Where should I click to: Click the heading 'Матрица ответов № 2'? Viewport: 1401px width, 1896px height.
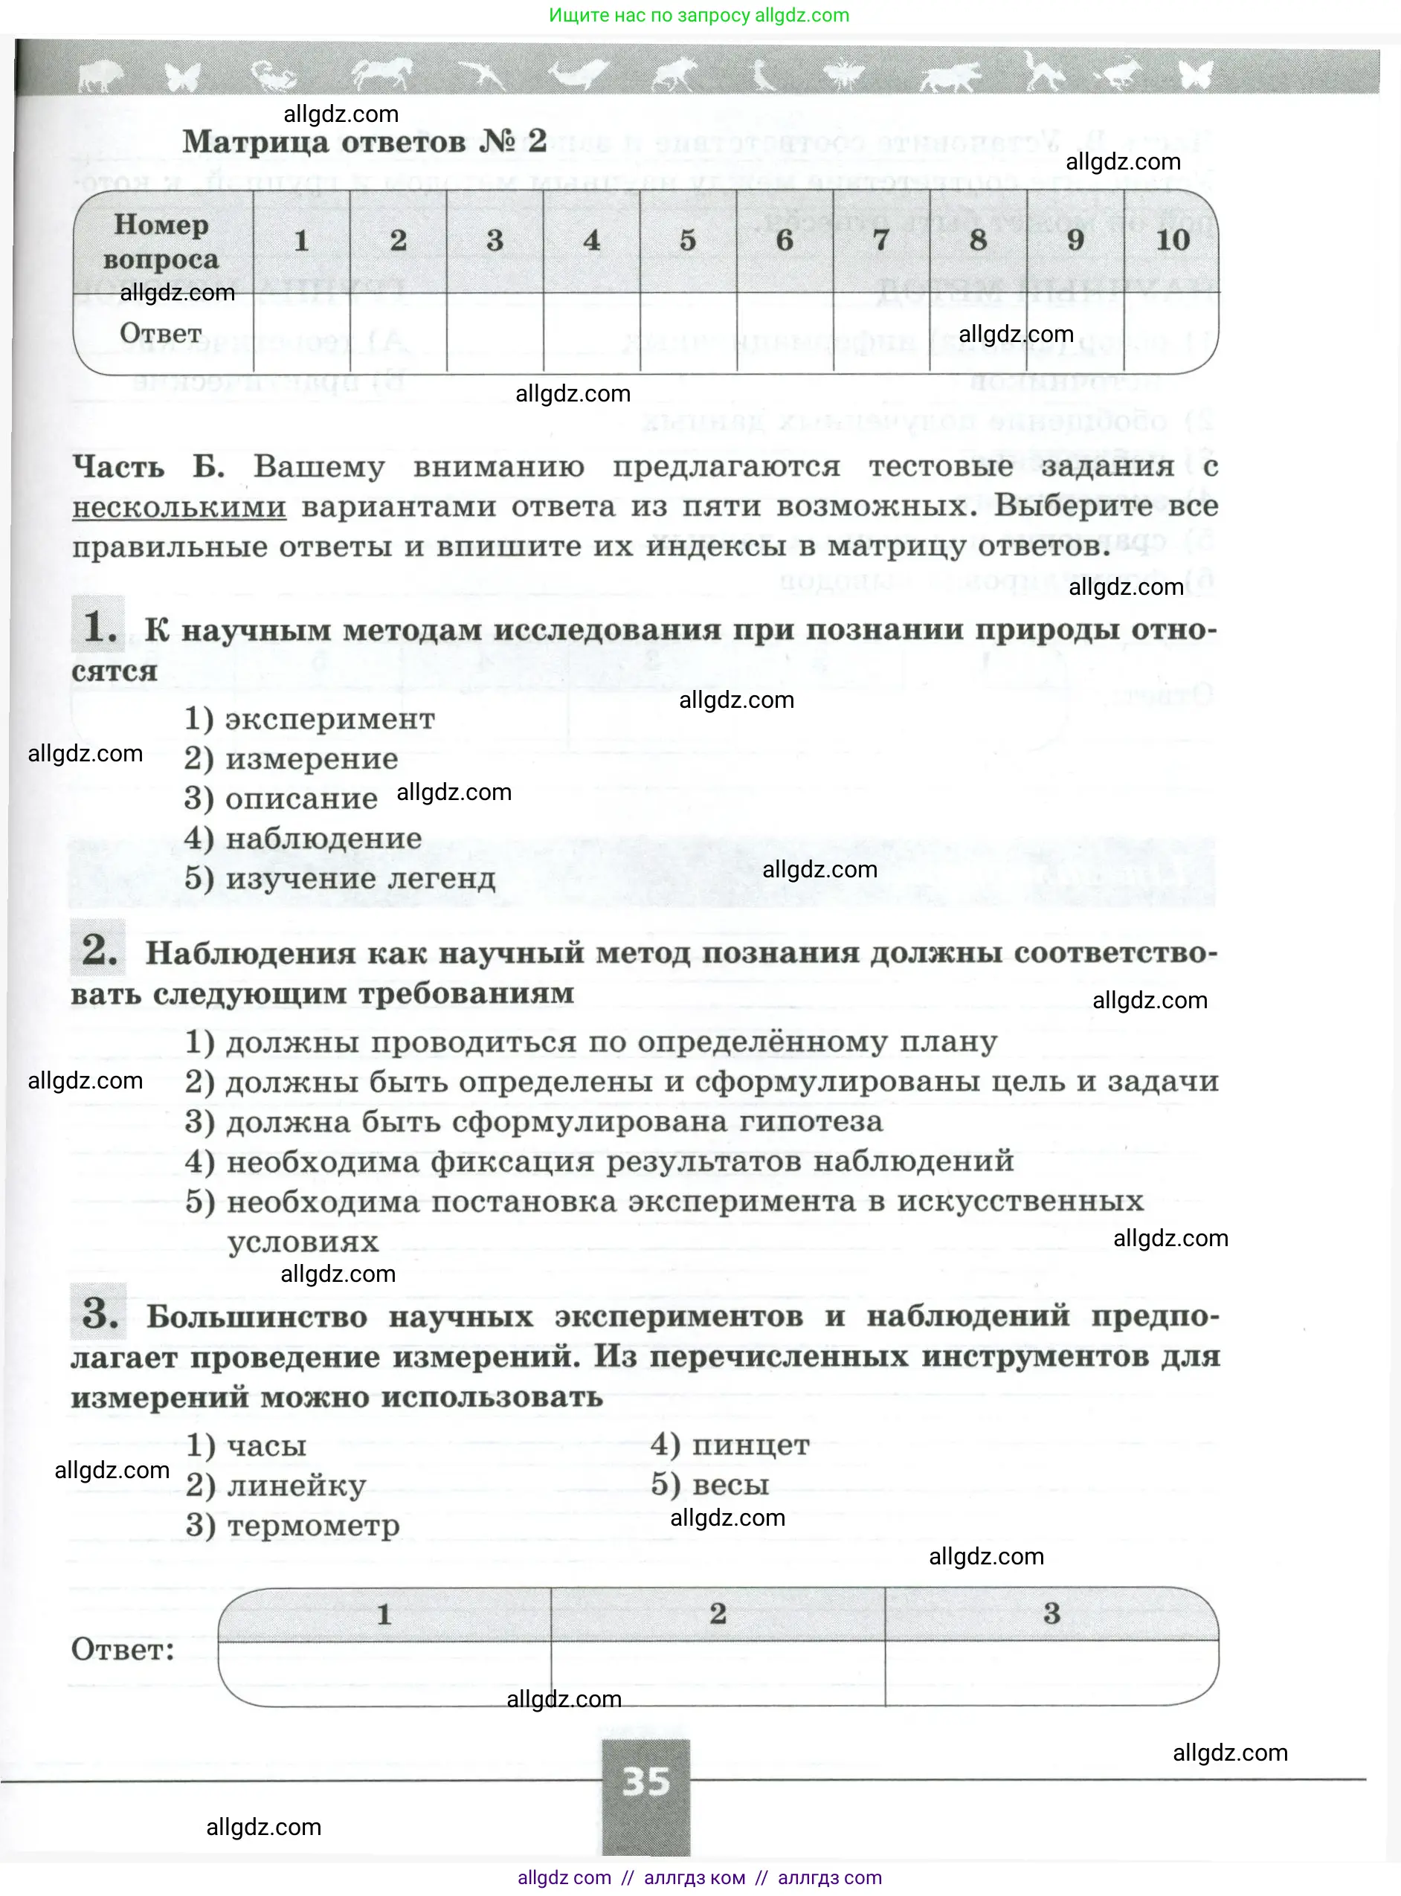click(364, 141)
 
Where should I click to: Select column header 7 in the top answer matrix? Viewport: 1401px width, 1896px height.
click(881, 241)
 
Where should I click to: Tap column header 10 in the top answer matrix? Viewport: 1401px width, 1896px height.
click(1173, 241)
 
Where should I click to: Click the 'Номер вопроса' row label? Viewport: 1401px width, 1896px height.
click(161, 242)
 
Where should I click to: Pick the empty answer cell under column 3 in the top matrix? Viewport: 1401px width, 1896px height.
click(495, 333)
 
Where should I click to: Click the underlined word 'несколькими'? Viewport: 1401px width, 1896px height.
click(179, 507)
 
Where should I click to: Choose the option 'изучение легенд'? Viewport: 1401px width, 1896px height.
click(360, 878)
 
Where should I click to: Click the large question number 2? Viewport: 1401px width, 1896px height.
click(99, 949)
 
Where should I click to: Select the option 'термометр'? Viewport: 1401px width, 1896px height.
click(313, 1526)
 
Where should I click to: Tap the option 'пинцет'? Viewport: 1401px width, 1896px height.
click(750, 1445)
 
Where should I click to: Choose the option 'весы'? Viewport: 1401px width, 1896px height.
click(730, 1485)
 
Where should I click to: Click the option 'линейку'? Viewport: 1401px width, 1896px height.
click(296, 1486)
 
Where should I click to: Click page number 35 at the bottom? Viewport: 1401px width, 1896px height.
click(646, 1781)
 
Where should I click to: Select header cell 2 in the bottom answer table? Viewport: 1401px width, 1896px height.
click(718, 1613)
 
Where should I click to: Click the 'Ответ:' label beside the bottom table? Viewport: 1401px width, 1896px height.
click(123, 1649)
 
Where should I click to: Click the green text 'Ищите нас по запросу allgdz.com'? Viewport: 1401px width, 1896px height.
click(699, 16)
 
